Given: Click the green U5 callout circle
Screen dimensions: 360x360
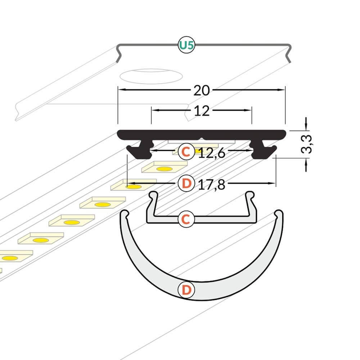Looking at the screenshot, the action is [186, 45].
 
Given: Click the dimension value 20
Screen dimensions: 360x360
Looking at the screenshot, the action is [202, 90].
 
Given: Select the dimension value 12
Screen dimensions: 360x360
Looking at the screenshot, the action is [202, 111].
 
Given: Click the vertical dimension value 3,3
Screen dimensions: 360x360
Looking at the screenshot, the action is [306, 144].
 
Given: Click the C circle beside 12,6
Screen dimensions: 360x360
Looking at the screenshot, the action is [186, 151].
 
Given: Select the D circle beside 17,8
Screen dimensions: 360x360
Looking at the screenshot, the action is [186, 183].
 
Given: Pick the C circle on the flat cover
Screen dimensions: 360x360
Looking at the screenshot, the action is [186, 219].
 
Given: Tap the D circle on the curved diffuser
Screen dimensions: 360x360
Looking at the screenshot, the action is [186, 290].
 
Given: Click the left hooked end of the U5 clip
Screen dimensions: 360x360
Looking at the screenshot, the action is [119, 55].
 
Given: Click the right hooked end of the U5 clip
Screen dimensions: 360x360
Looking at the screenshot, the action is [288, 55].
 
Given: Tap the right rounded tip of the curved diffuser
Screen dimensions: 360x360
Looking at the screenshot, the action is [279, 213].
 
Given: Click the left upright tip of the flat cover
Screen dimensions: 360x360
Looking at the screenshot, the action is [153, 195].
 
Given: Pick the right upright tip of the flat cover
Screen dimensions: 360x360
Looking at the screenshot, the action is [250, 195].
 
